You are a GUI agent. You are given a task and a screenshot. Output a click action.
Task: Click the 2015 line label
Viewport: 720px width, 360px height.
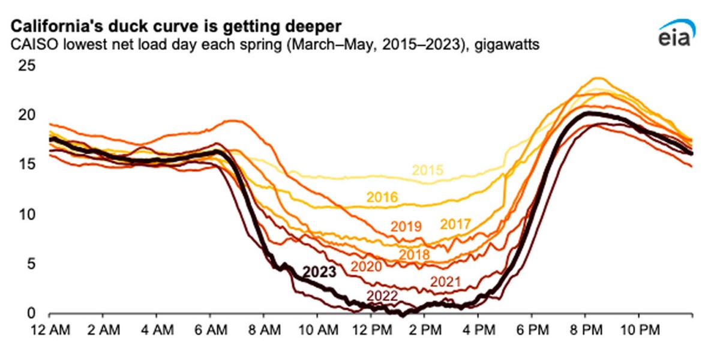pyautogui.click(x=428, y=170)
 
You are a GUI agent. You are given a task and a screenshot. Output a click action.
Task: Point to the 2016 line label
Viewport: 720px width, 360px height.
pyautogui.click(x=382, y=196)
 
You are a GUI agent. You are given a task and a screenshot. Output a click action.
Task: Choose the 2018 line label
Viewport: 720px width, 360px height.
pyautogui.click(x=413, y=254)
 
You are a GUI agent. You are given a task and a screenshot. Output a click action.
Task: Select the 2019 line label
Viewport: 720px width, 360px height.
pyautogui.click(x=407, y=227)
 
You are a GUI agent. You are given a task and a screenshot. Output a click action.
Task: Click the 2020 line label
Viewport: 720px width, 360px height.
pyautogui.click(x=366, y=266)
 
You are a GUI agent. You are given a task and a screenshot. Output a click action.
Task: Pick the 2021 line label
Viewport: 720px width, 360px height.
pyautogui.click(x=445, y=281)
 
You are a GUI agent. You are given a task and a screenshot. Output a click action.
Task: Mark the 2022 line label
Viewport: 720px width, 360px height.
pyautogui.click(x=382, y=295)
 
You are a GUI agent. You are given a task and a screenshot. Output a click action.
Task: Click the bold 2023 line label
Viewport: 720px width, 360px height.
pyautogui.click(x=319, y=271)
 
